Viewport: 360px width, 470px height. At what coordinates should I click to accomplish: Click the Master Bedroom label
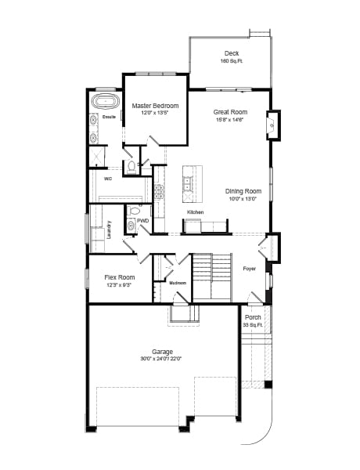(x=155, y=106)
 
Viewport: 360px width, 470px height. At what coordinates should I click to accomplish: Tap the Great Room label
(x=230, y=112)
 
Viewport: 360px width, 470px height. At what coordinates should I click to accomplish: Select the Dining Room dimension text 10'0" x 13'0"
(x=243, y=199)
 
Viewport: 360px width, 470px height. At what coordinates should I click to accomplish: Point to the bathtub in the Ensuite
(x=103, y=103)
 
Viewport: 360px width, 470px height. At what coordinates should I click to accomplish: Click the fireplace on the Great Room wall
(x=273, y=125)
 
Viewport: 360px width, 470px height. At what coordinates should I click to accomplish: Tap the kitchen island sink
(x=189, y=184)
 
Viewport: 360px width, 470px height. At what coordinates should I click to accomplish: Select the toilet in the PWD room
(x=134, y=211)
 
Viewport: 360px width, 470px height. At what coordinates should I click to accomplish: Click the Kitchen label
(x=195, y=212)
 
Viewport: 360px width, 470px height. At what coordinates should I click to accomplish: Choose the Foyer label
(x=249, y=269)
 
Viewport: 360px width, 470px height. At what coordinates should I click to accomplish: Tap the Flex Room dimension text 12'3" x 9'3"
(x=120, y=286)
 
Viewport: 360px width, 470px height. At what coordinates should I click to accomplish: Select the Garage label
(x=162, y=352)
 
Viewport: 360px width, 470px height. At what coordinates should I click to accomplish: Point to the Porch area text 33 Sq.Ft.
(x=252, y=324)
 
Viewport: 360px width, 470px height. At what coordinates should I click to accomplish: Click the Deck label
(x=231, y=53)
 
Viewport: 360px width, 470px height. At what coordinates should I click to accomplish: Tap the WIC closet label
(x=108, y=179)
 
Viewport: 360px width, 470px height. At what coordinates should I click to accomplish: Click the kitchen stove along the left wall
(x=159, y=190)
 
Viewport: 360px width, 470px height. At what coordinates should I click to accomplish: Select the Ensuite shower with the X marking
(x=97, y=156)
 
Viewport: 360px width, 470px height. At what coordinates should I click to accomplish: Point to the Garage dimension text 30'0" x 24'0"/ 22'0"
(x=162, y=360)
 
